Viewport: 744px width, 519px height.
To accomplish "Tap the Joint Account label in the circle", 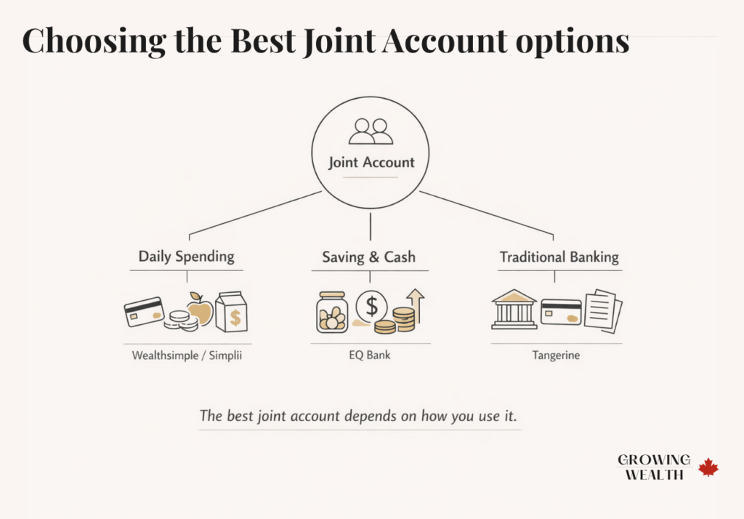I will tap(371, 161).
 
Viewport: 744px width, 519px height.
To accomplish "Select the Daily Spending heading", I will tap(187, 257).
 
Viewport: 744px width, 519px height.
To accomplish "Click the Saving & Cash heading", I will tap(369, 257).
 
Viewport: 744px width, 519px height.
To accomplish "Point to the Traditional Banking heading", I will tap(559, 257).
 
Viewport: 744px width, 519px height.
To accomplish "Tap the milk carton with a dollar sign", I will tap(232, 313).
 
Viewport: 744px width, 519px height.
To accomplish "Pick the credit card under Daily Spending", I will tap(144, 312).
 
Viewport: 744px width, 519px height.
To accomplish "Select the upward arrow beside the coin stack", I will tap(416, 304).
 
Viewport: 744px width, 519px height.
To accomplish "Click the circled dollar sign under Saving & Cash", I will tap(372, 306).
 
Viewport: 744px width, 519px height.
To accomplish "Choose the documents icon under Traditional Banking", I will tap(603, 311).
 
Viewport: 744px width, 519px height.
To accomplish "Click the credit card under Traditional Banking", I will tap(560, 312).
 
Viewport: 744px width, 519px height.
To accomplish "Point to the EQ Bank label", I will tap(371, 356).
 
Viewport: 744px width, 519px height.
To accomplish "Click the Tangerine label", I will tap(556, 356).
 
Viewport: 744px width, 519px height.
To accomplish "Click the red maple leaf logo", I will tap(708, 467).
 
